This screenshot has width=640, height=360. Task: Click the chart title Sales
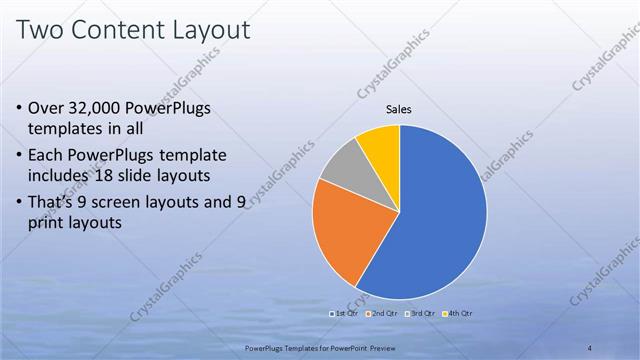(x=398, y=110)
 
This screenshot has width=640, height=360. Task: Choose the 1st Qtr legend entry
(x=346, y=313)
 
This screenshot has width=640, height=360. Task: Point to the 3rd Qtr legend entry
(x=421, y=313)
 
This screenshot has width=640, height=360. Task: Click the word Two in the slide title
(x=44, y=31)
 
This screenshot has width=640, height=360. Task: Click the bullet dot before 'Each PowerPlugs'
(x=22, y=156)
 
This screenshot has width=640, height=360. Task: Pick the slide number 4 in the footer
(x=589, y=347)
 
